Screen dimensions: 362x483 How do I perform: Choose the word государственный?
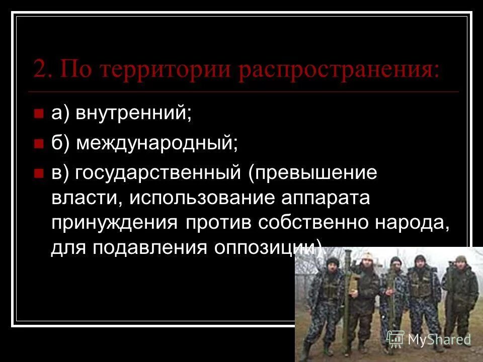[x=156, y=173]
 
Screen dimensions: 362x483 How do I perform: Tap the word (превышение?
[x=312, y=173]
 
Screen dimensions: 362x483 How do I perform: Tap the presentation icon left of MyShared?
[x=396, y=339]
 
